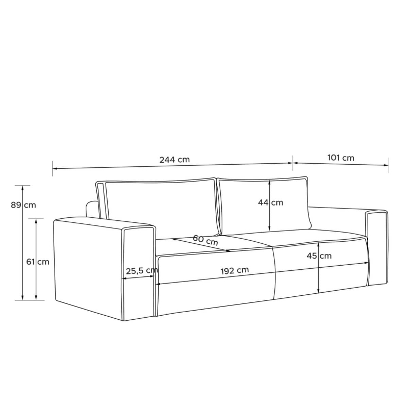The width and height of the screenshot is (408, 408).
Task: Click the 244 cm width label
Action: tap(174, 160)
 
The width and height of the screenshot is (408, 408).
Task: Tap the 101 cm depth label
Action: tap(341, 158)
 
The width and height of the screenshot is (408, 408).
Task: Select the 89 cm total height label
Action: tap(23, 205)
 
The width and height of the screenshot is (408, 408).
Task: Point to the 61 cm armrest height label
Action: tap(38, 262)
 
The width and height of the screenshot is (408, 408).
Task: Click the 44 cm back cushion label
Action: tap(271, 202)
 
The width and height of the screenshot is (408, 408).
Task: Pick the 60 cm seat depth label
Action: tap(206, 240)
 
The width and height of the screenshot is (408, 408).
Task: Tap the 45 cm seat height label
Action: tap(319, 256)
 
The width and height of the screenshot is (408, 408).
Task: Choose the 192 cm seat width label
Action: tap(235, 271)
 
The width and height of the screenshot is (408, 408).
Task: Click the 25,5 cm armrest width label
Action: tap(142, 271)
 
